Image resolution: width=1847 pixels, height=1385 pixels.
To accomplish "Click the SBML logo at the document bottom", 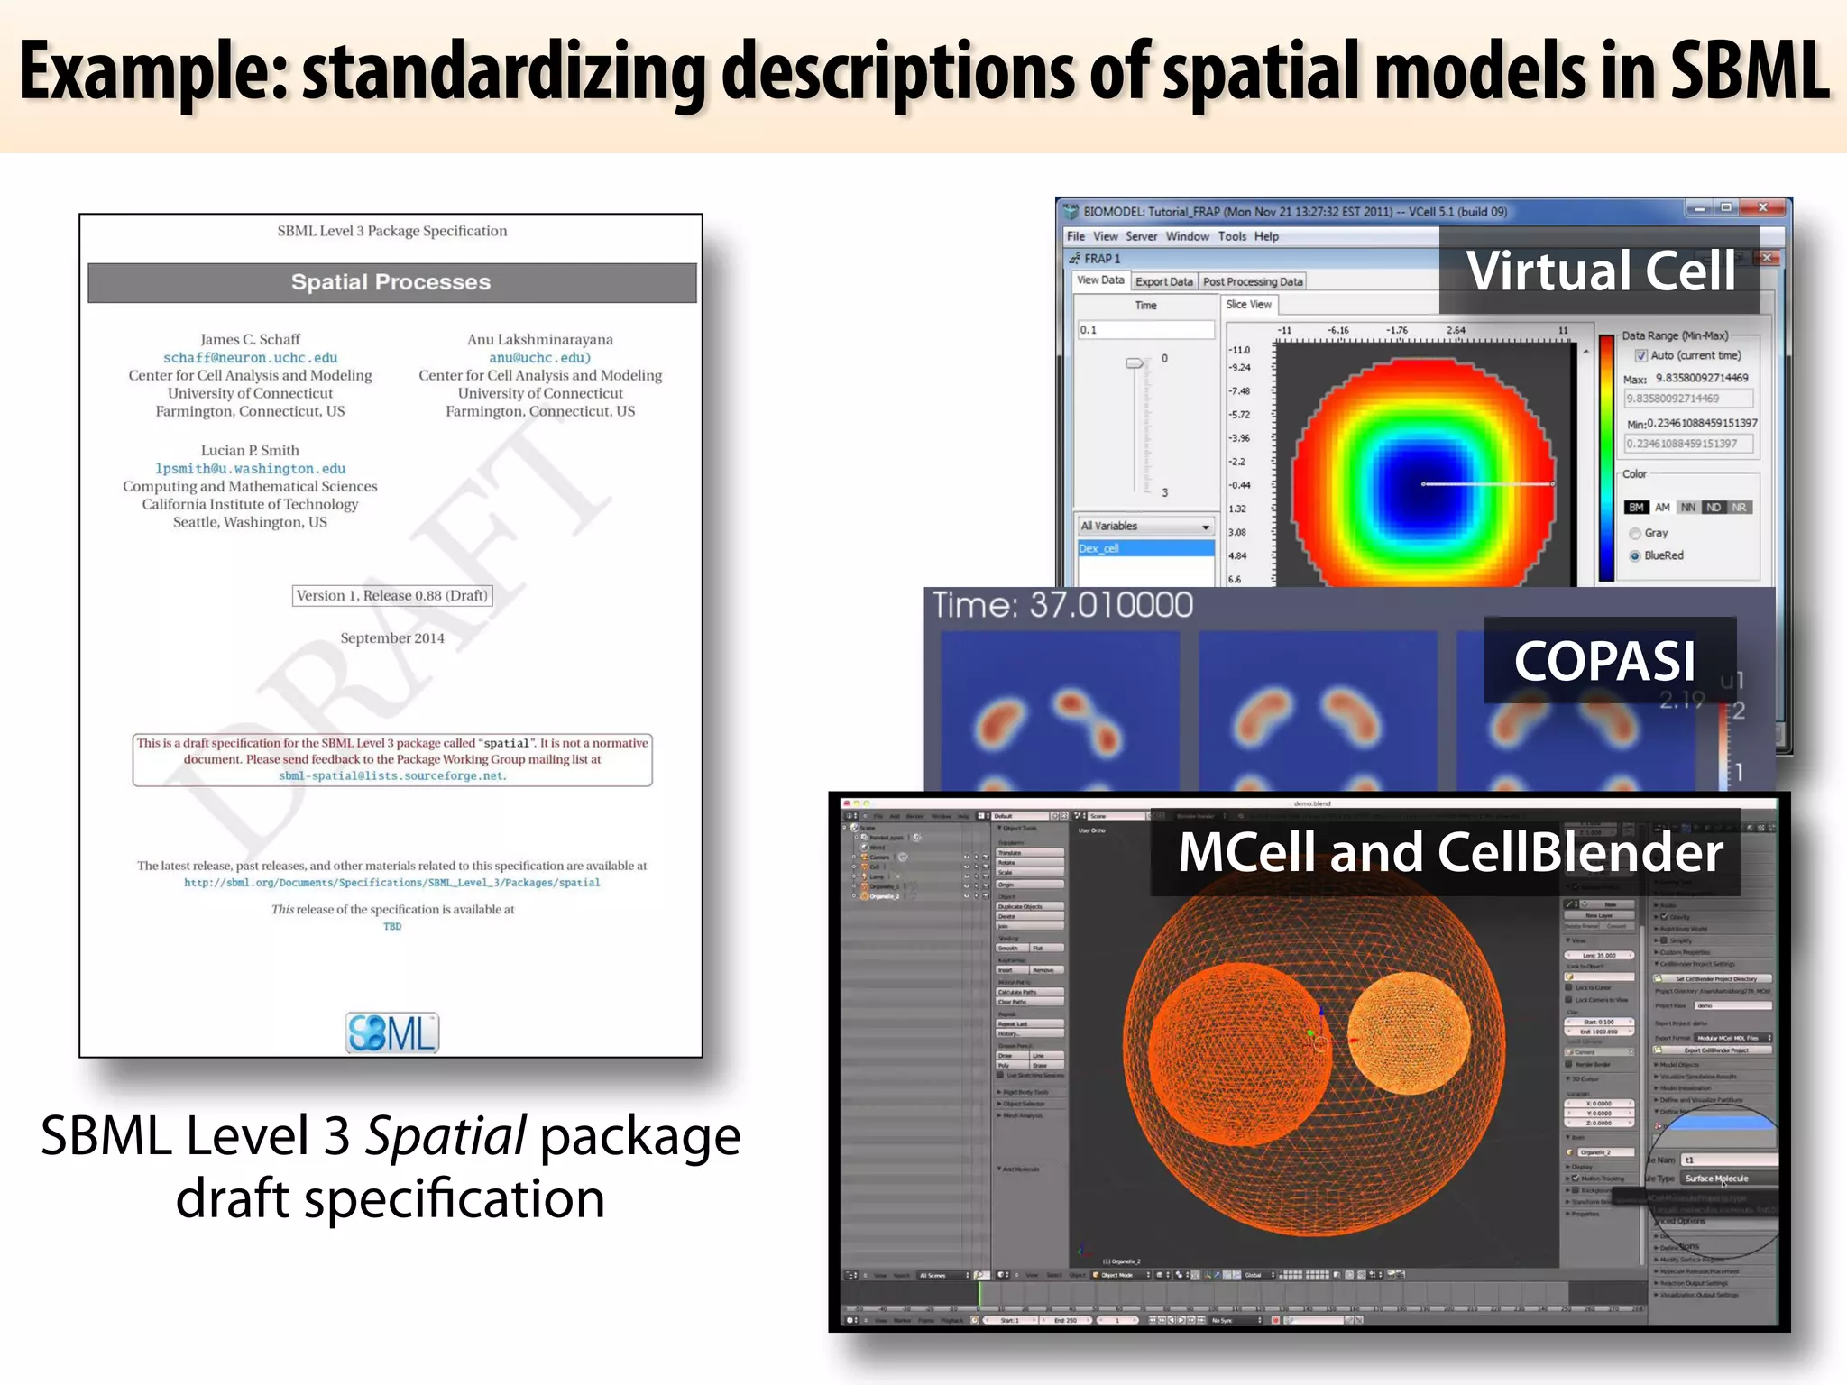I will click(x=392, y=1033).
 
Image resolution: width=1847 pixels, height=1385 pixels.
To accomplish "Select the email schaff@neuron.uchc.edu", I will click(x=250, y=358).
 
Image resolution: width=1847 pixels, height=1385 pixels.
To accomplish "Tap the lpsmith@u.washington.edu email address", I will click(x=250, y=469).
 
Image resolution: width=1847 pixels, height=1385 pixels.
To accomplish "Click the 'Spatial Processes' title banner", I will click(x=391, y=282).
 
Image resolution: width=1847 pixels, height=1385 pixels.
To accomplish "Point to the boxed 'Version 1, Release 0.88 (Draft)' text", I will click(x=391, y=596).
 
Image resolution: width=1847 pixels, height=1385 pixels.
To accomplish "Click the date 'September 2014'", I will click(x=391, y=638).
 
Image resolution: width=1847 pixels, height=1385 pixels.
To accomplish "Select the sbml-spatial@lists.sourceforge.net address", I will click(x=392, y=776).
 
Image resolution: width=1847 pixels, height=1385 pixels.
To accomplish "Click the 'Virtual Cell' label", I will click(x=1600, y=271).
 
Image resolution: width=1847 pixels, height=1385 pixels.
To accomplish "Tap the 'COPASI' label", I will click(x=1605, y=661).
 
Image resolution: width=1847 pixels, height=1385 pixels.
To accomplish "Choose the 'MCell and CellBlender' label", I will click(x=1450, y=852).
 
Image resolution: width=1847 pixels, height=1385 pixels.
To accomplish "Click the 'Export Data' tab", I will click(x=1163, y=282).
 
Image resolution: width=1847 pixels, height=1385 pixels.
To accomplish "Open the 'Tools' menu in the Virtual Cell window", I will click(x=1232, y=236).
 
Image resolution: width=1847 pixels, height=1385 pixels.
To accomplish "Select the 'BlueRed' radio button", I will click(x=1635, y=556).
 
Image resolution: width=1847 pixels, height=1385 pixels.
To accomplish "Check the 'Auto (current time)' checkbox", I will click(x=1641, y=356).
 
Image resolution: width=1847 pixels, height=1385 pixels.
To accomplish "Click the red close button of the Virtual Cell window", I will click(x=1762, y=208).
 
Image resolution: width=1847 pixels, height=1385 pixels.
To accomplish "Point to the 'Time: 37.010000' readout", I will click(x=1062, y=605).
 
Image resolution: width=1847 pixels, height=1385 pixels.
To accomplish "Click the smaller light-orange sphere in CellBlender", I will click(x=1409, y=1033).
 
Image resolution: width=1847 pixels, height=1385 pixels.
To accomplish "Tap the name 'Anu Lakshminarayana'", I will click(x=539, y=340).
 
